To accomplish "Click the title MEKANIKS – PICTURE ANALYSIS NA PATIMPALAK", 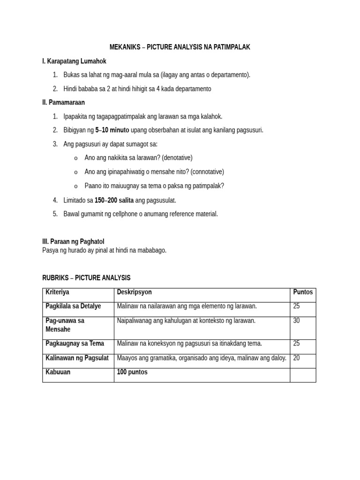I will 180,47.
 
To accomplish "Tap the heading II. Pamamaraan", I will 64,102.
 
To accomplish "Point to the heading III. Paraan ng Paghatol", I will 73,241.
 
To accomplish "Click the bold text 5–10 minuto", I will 112,130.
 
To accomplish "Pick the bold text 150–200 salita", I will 114,200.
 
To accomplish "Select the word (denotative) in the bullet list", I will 176,157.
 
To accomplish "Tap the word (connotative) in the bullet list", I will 207,172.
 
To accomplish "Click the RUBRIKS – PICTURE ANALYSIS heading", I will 86,278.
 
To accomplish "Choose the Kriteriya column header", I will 57,292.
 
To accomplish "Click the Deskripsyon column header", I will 135,292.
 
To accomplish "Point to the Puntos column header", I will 303,292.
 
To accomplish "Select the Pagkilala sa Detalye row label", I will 73,306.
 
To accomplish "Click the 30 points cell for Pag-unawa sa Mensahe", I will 297,321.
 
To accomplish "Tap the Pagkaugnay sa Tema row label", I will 75,344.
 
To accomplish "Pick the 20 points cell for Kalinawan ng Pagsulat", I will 297,358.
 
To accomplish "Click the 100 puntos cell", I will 132,372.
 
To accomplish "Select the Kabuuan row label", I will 58,372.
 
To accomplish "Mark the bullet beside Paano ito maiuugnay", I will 76,186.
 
